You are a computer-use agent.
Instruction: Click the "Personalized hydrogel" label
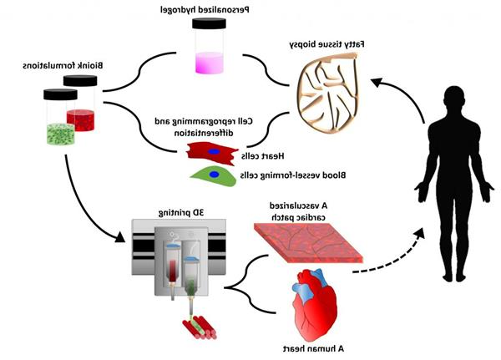(x=208, y=10)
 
